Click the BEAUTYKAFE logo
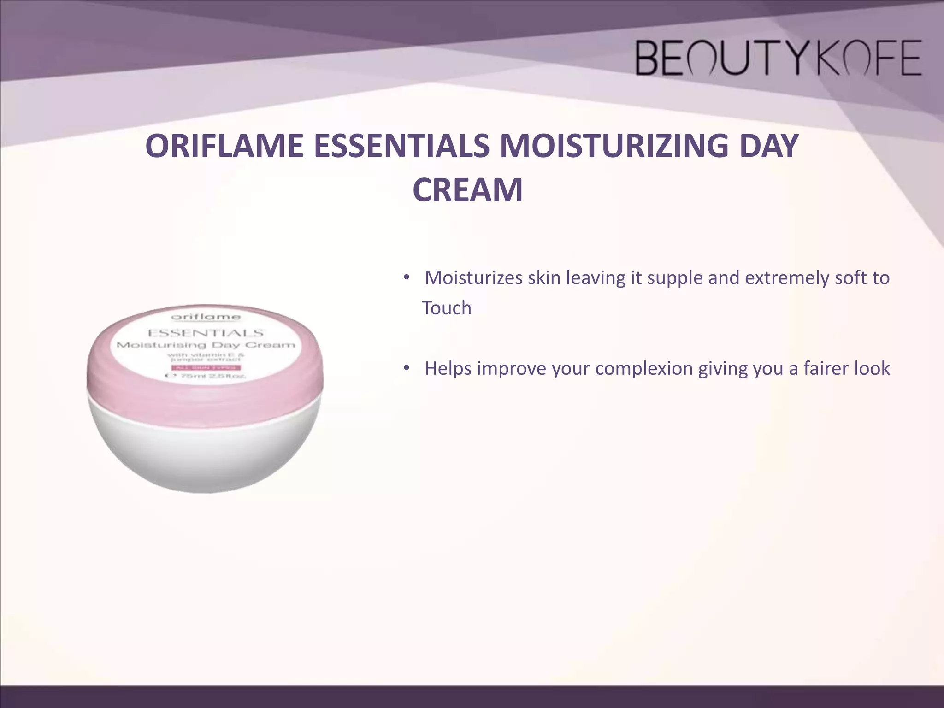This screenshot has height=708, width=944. (x=778, y=58)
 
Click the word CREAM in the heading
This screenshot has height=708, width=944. (x=467, y=190)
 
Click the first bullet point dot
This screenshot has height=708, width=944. (x=406, y=278)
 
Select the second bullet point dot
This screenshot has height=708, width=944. (x=406, y=368)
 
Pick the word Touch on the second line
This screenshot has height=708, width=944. (x=447, y=308)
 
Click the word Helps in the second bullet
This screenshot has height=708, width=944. (x=448, y=369)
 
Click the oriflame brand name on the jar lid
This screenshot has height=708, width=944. (x=206, y=317)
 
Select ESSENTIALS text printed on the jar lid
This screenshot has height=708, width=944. (x=205, y=333)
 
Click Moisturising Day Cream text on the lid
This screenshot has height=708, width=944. (x=205, y=345)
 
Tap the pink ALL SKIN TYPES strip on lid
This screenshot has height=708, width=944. (x=206, y=367)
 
